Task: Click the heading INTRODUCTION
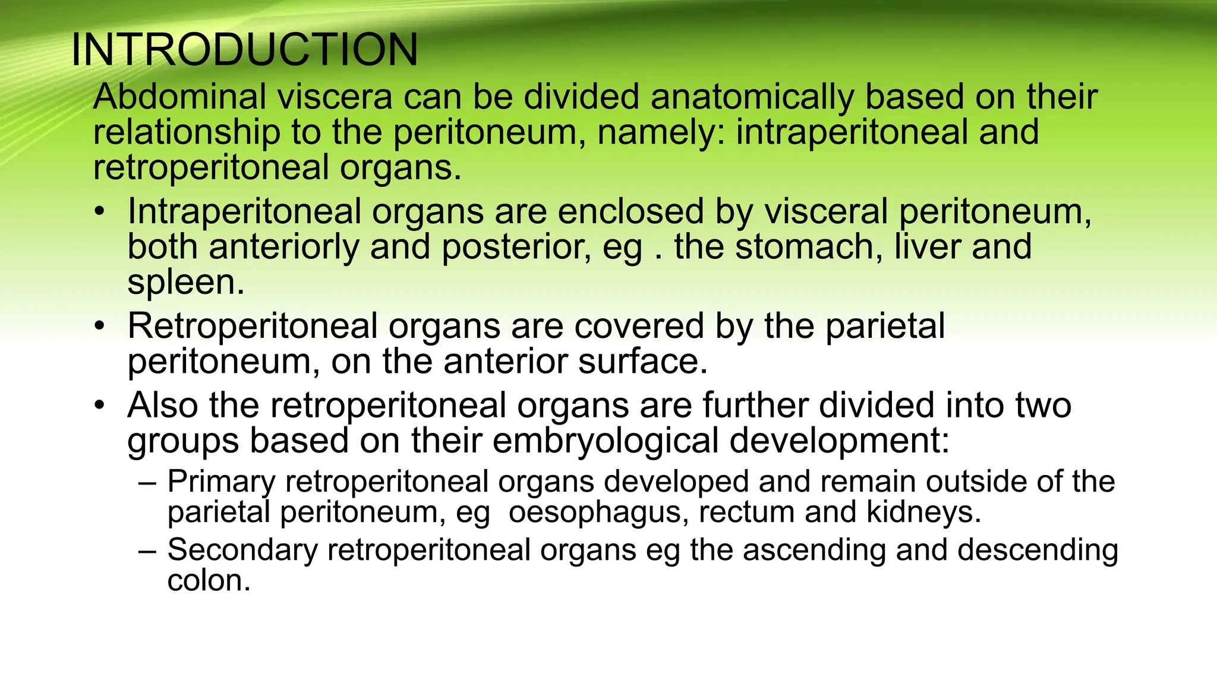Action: point(244,50)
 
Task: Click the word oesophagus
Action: point(598,512)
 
